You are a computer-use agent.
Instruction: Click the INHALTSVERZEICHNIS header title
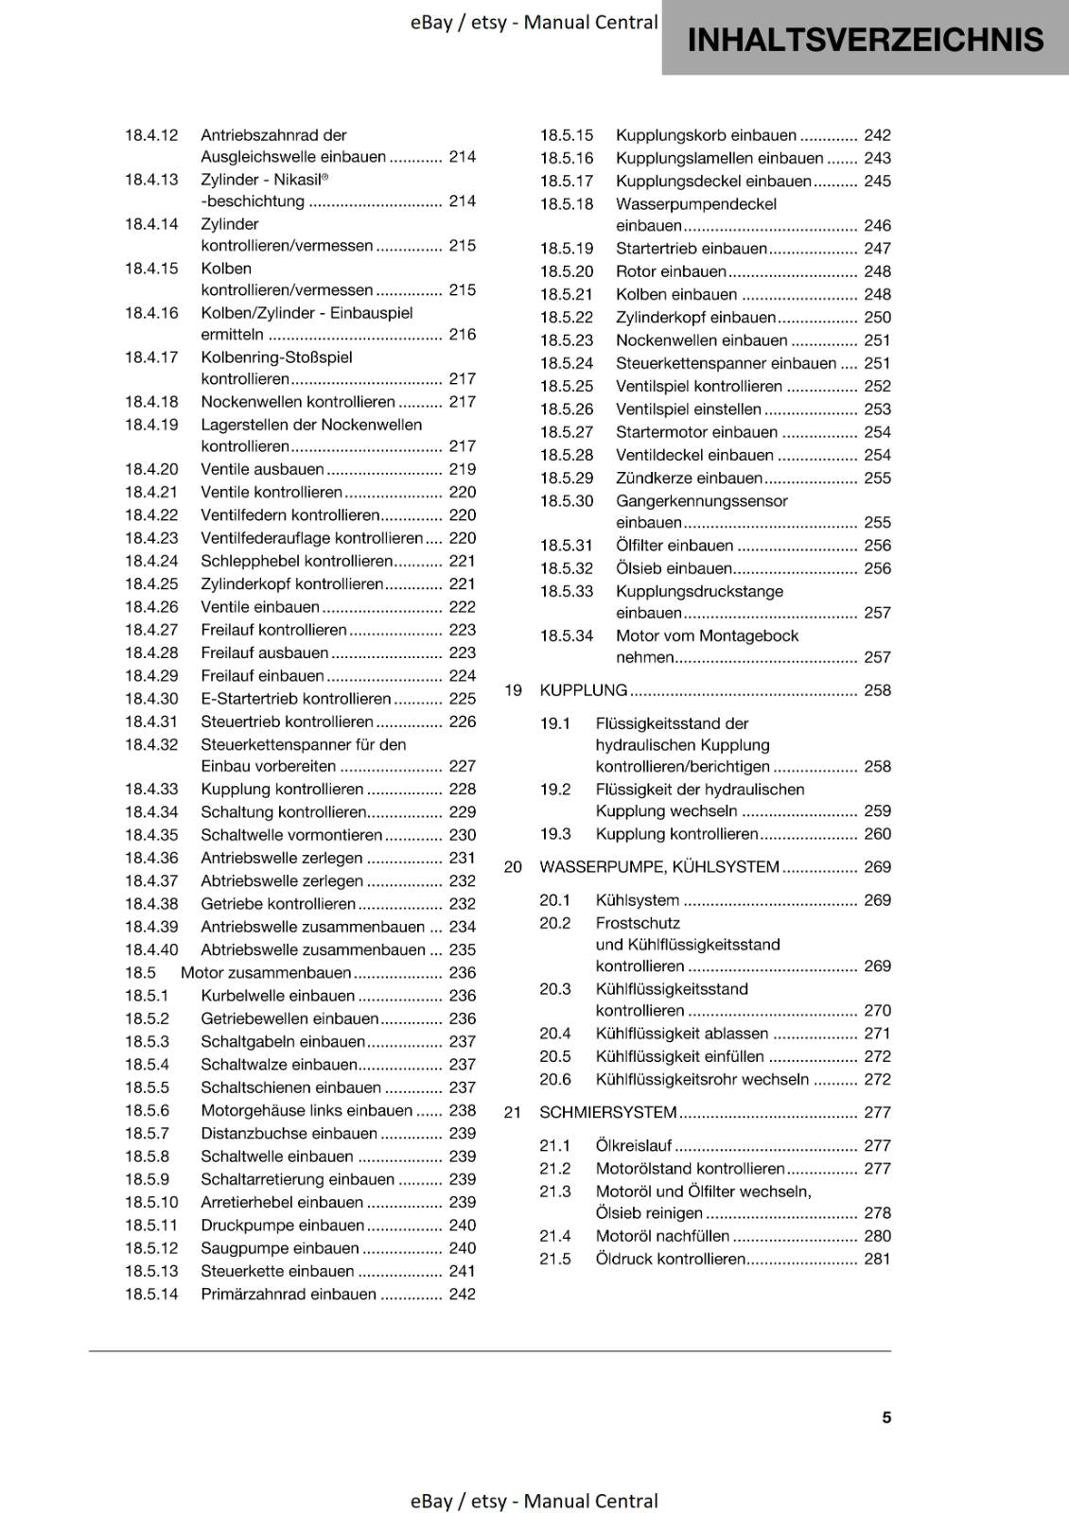point(865,40)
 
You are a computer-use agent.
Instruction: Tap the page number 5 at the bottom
point(886,1417)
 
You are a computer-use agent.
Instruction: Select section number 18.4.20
point(151,469)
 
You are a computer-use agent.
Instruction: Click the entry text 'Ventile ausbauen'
point(262,469)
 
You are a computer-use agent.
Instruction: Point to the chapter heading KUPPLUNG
point(583,690)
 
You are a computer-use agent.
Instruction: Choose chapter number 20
point(513,867)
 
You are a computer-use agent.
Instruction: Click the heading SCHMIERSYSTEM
point(607,1113)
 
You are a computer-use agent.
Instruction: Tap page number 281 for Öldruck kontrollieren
point(877,1260)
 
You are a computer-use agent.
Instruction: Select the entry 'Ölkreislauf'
point(633,1146)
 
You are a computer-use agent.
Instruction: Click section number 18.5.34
point(567,636)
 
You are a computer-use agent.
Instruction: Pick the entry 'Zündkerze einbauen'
point(689,478)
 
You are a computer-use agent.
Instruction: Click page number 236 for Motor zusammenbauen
point(462,973)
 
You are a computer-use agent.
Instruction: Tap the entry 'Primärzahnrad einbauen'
point(288,1295)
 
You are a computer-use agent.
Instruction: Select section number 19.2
point(555,790)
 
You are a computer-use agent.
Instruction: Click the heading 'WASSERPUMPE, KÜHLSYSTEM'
point(658,867)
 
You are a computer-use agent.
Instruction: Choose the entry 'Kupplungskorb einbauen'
point(706,135)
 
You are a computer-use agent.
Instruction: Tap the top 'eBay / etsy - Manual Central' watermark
point(534,23)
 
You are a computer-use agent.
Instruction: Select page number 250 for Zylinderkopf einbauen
point(877,318)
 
